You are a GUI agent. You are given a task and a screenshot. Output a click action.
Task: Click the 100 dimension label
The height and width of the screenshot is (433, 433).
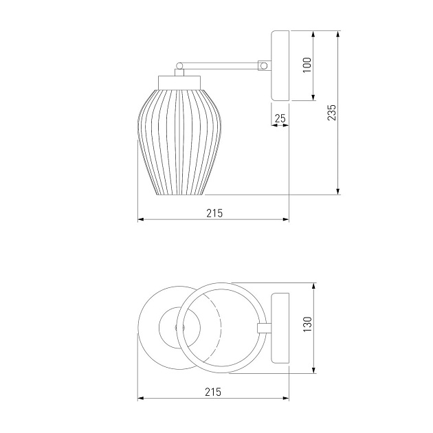307,65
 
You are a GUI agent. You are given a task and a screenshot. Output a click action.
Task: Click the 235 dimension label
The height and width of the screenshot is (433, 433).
331,112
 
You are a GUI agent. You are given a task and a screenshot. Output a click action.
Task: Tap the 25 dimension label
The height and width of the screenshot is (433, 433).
280,118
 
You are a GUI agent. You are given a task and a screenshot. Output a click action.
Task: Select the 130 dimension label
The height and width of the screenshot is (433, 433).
307,324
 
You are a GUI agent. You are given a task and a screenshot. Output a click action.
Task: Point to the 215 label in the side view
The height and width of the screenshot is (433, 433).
214,213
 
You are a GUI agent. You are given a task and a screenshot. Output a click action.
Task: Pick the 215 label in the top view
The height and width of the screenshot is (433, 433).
213,392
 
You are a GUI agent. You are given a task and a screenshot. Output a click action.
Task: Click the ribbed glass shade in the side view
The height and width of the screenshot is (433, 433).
179,142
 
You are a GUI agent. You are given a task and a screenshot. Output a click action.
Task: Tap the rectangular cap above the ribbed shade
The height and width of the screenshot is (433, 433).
179,82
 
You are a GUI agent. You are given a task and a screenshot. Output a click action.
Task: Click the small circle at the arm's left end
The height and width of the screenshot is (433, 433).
179,66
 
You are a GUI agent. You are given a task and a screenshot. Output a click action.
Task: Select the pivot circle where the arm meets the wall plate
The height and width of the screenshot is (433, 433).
264,66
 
